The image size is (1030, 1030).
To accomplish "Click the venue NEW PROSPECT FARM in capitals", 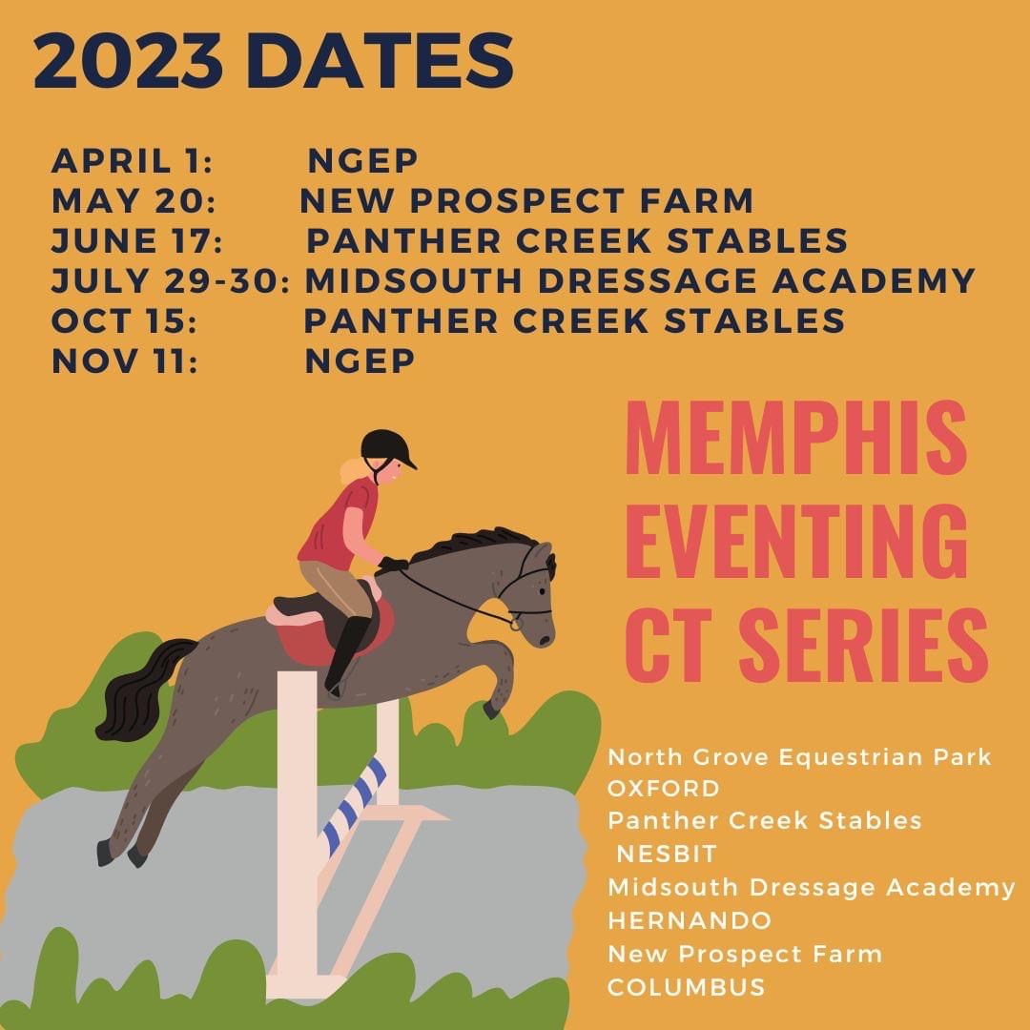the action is pos(526,200).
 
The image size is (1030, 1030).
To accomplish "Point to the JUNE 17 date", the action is pos(137,240).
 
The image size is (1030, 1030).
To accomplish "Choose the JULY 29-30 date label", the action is pos(170,280).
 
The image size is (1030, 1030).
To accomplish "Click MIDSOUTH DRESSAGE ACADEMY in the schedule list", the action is pos(640,280).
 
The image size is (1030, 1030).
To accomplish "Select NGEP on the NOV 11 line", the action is pos(360,360).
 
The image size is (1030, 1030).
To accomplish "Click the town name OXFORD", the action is pos(664,789).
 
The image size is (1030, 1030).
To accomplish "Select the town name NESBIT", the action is pos(666,854).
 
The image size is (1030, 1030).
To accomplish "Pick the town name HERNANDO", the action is pos(690,920).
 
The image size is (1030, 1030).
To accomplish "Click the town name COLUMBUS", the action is pos(687,987).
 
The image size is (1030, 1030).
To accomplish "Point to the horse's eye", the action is pos(541,592).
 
